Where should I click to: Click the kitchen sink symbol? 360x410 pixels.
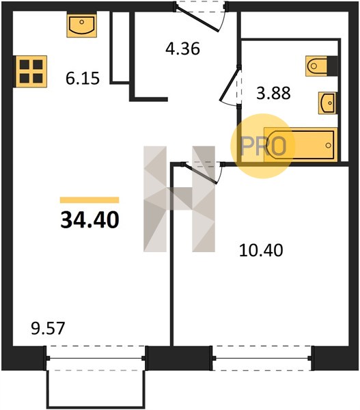(81, 26)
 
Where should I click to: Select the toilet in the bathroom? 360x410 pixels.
(321, 66)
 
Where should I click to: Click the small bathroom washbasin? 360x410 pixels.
(327, 102)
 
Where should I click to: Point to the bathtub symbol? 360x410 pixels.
(301, 144)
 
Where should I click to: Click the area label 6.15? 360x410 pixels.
(83, 79)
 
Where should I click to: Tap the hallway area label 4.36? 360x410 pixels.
(183, 49)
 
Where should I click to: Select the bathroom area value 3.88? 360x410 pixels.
(273, 93)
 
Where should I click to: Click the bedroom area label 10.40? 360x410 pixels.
(261, 250)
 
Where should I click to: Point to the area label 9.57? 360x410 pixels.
(48, 329)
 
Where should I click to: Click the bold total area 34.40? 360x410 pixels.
(89, 220)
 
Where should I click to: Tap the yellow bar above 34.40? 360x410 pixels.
(89, 200)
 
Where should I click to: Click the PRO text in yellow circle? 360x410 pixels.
(263, 146)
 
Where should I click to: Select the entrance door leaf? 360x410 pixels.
(197, 19)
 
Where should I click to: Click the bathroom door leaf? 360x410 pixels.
(230, 83)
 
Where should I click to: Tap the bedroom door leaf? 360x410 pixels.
(201, 173)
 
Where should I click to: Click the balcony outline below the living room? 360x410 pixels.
(96, 389)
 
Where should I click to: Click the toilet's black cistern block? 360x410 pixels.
(332, 66)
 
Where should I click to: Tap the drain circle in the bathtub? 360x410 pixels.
(329, 145)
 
